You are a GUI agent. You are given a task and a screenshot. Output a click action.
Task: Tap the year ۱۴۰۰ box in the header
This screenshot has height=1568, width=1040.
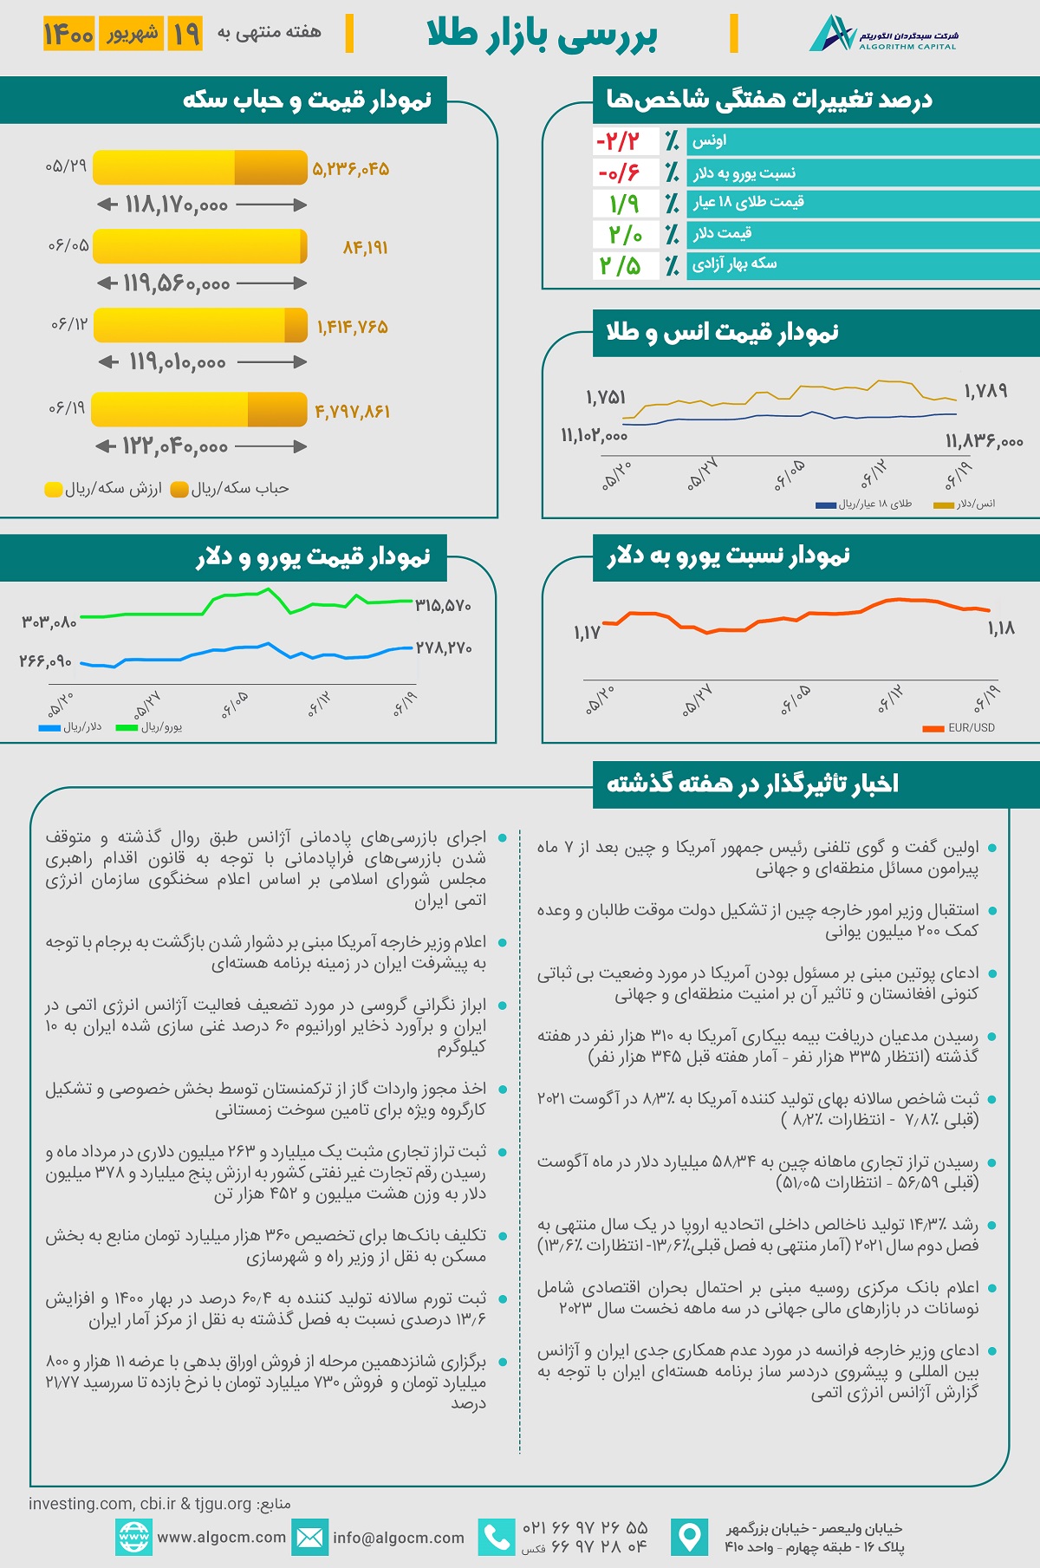coord(68,34)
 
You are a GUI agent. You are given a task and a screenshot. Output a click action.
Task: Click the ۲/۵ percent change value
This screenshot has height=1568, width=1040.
coord(619,265)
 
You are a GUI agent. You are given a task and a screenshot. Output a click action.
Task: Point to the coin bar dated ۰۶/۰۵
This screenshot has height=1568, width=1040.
coord(200,246)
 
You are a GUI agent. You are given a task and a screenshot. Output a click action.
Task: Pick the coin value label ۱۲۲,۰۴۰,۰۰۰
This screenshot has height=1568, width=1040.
coord(175,446)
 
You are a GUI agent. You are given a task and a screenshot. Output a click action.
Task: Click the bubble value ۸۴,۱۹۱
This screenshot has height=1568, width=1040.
coord(365,248)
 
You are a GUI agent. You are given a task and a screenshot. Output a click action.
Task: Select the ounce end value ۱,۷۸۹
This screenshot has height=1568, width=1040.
coord(985,391)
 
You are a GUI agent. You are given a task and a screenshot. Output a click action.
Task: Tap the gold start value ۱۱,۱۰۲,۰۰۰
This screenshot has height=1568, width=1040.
coord(594,435)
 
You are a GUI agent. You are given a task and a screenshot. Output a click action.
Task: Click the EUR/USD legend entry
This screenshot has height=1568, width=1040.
coord(959,728)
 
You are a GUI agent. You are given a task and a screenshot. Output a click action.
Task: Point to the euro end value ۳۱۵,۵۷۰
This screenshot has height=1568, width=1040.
coord(443,605)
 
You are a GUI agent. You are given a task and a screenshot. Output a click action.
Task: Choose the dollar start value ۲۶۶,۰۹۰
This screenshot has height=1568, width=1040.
coord(45,661)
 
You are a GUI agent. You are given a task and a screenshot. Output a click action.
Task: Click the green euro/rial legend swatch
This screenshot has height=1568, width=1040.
coord(127,728)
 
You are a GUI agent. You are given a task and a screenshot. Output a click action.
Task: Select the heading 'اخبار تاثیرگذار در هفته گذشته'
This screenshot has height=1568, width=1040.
coord(752,784)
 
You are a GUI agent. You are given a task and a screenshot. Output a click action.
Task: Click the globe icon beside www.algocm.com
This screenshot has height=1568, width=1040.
coord(133,1538)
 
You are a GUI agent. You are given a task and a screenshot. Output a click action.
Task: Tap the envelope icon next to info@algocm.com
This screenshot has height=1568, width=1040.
coord(309,1538)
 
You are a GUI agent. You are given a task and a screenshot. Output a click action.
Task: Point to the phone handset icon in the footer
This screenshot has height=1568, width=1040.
coord(497,1538)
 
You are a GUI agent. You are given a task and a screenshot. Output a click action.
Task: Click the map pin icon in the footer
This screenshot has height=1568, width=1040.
coord(690,1538)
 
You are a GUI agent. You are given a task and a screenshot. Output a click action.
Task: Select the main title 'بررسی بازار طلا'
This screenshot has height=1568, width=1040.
coord(543,36)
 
